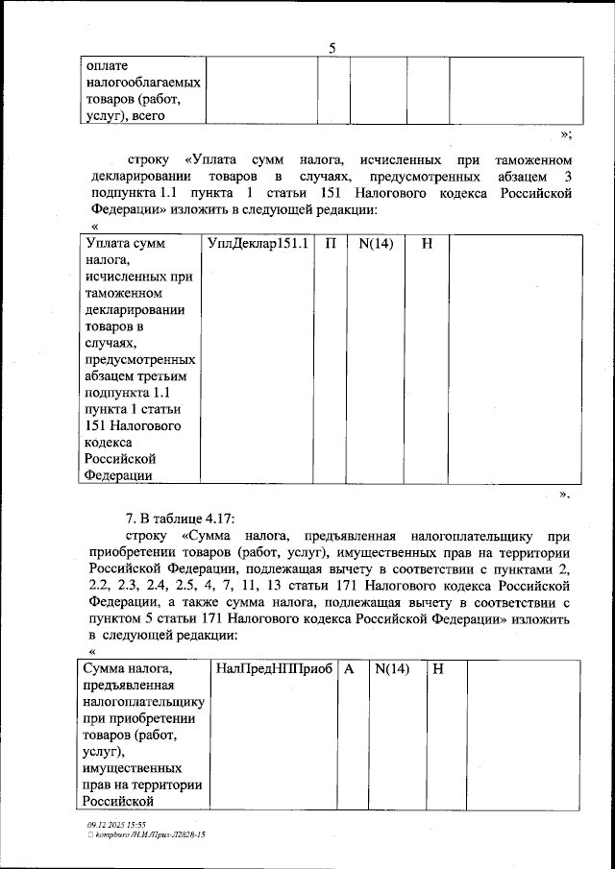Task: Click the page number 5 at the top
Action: click(x=332, y=47)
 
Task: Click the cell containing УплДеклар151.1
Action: click(x=258, y=244)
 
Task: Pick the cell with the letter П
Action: click(x=330, y=244)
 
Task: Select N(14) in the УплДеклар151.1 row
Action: click(x=376, y=244)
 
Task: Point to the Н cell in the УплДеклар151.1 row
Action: click(x=427, y=244)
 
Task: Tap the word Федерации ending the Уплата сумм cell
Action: click(x=118, y=474)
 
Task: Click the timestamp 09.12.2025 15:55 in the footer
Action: click(x=116, y=824)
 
